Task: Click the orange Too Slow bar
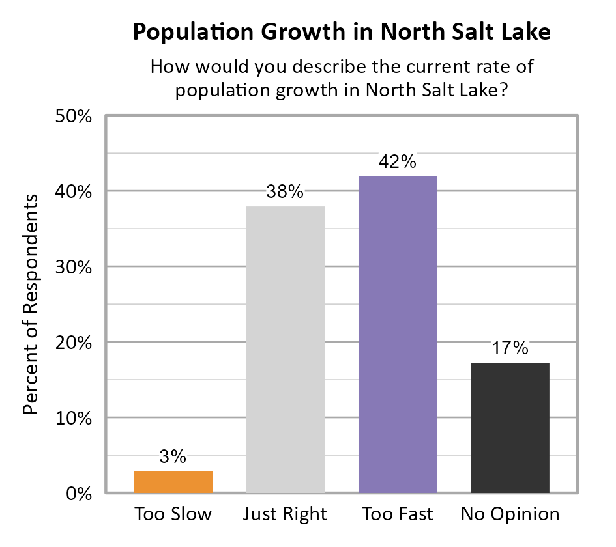[173, 481]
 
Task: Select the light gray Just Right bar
[285, 349]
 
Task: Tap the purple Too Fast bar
[398, 334]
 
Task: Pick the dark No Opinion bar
[510, 427]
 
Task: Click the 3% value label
[173, 456]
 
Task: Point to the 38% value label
[285, 192]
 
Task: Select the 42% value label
[398, 161]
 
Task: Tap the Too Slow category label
[173, 514]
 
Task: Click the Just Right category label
[285, 514]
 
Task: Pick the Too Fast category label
[398, 514]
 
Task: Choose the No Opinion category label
[510, 514]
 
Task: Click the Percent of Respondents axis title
[30, 303]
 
